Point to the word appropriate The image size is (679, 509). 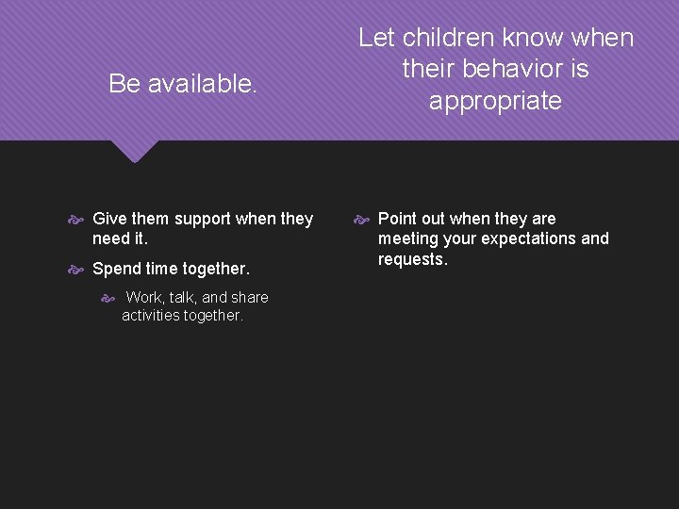coord(495,101)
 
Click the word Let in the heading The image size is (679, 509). coord(376,39)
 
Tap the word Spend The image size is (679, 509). coord(115,269)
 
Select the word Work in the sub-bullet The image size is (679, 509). coord(144,298)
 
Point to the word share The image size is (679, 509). coord(249,298)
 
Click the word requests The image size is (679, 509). coord(412,259)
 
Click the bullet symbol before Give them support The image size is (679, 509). coord(77,219)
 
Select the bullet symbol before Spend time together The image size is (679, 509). coord(77,269)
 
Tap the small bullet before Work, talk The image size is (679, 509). coord(108,298)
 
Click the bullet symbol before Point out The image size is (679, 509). coord(362,219)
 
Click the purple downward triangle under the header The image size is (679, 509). coord(134,151)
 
